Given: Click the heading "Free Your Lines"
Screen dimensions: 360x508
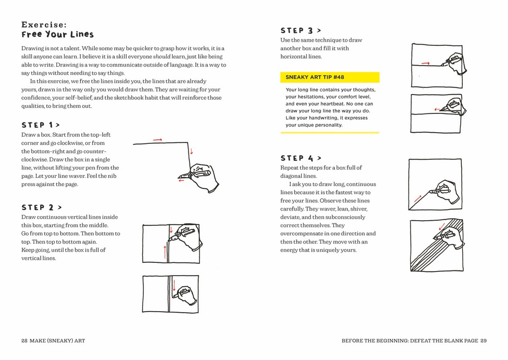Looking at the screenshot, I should [57, 35].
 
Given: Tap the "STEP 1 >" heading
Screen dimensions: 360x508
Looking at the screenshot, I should [40, 125].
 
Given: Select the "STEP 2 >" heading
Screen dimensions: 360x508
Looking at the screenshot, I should [42, 207].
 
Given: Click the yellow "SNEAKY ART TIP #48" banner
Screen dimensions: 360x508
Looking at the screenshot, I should [330, 77].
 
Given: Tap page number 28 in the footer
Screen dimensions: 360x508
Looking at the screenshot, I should [24, 341].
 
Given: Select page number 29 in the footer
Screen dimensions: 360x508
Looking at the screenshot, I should [484, 341].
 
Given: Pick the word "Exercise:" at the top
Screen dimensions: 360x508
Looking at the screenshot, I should [44, 24].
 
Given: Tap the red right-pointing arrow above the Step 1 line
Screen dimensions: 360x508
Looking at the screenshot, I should [157, 139].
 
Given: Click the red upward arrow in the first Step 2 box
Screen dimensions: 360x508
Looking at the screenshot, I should [164, 251].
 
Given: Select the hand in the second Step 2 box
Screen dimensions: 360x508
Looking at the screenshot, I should [184, 295].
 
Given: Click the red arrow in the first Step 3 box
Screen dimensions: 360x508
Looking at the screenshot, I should [426, 64].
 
